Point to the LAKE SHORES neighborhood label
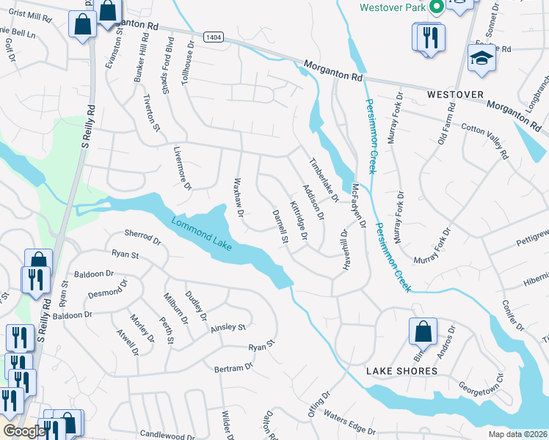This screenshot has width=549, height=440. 401,371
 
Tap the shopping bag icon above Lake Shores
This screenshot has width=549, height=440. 423,332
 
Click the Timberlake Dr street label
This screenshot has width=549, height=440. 324,180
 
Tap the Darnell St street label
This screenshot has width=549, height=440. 280,227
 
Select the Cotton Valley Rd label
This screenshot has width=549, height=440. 485,140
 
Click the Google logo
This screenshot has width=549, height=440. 23,430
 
